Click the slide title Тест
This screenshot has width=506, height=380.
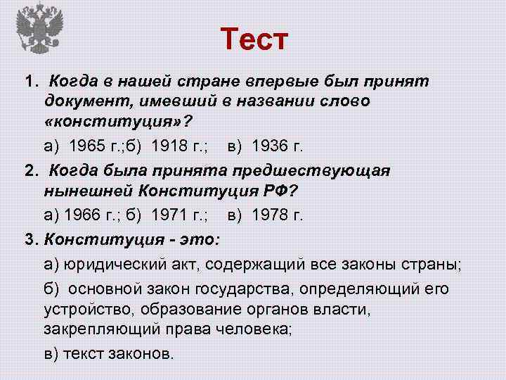254,39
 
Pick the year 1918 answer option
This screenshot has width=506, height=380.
162,146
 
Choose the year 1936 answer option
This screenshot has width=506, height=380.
268,146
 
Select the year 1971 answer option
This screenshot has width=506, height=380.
162,215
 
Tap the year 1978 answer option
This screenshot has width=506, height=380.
268,215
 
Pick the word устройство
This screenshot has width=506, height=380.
88,308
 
